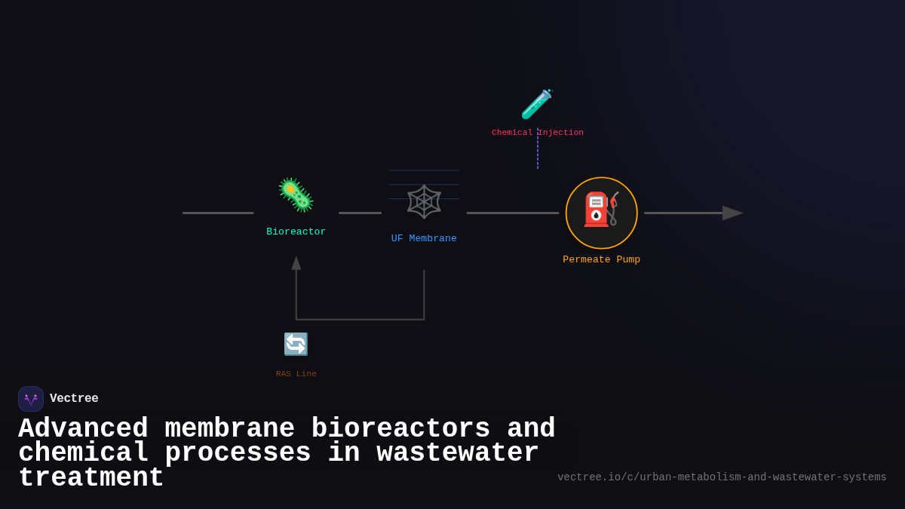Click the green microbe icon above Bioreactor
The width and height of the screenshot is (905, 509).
(296, 195)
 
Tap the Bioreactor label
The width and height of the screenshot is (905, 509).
(296, 232)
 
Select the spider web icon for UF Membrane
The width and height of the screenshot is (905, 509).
(424, 201)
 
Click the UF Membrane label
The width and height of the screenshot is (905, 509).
(424, 239)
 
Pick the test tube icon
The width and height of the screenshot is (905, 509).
(537, 105)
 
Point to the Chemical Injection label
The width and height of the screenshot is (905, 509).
(537, 133)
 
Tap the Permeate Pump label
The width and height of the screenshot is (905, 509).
(601, 260)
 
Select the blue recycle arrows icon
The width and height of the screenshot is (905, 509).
(296, 345)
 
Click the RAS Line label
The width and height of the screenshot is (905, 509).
(296, 374)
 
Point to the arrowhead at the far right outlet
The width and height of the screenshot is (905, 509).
(732, 213)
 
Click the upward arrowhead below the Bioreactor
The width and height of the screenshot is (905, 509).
(296, 263)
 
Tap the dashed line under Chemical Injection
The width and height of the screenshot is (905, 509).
(538, 154)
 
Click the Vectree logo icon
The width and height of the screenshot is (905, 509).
(31, 399)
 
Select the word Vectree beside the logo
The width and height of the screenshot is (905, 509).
(74, 399)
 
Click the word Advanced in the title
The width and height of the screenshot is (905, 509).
(83, 429)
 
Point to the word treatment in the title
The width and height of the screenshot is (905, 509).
(90, 478)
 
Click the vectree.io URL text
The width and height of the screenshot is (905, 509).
(722, 477)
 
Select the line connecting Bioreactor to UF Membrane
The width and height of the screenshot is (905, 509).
(360, 213)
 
